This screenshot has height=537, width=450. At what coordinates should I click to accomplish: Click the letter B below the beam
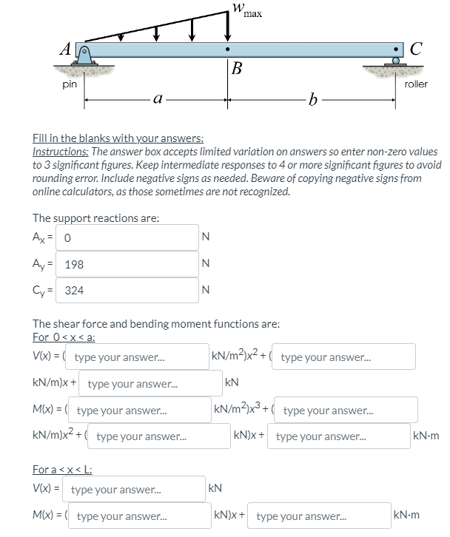(x=236, y=70)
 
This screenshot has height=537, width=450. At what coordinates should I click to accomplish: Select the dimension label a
(x=156, y=98)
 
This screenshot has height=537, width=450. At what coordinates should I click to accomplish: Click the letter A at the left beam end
(x=67, y=50)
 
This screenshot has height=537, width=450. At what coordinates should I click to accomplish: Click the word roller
(x=416, y=84)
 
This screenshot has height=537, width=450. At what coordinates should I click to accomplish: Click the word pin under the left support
(x=69, y=84)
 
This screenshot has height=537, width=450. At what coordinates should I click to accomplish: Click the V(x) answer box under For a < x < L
(x=136, y=489)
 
